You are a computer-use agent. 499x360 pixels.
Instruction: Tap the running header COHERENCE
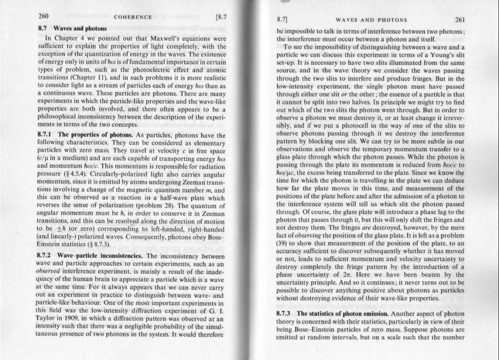coord(133,17)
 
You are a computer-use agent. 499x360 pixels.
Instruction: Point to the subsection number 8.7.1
coord(46,135)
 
